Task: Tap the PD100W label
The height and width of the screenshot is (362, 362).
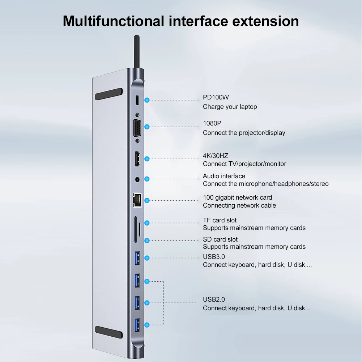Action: (x=216, y=97)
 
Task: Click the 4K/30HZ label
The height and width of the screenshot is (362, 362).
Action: (x=216, y=156)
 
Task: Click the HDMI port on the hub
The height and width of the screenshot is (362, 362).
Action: (x=137, y=159)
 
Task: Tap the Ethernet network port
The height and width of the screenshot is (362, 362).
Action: (x=137, y=200)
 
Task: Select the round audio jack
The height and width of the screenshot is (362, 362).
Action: (x=137, y=179)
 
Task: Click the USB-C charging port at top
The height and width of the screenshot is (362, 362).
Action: (x=137, y=99)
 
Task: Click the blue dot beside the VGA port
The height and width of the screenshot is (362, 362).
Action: (x=147, y=127)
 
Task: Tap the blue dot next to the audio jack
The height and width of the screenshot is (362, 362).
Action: (x=147, y=179)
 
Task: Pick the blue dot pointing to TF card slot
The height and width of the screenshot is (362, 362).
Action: (x=147, y=223)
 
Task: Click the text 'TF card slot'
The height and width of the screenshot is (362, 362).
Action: (x=220, y=220)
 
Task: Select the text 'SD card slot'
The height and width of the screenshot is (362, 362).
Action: (x=220, y=239)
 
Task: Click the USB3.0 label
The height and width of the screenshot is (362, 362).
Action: (x=214, y=257)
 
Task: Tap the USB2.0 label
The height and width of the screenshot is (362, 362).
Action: (x=214, y=299)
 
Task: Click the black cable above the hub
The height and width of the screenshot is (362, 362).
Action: (x=137, y=51)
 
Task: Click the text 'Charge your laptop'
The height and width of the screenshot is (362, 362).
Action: (x=230, y=107)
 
